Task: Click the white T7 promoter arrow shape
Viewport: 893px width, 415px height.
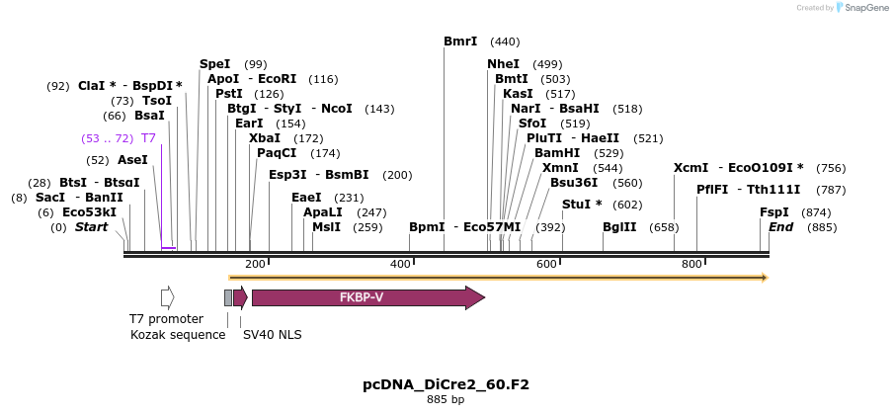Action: coord(167,296)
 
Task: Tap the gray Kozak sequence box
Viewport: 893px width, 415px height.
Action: coord(228,297)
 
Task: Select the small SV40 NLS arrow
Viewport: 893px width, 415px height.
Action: coord(240,297)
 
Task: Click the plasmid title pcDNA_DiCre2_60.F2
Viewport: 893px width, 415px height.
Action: coord(446,384)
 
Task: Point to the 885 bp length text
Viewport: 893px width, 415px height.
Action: coord(446,400)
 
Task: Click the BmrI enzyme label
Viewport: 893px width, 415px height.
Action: coord(460,41)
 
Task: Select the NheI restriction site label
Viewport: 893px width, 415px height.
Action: coord(503,63)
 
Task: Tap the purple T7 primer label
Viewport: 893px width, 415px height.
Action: coord(148,137)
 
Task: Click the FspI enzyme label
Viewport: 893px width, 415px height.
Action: coord(773,211)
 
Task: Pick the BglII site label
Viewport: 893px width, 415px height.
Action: coord(619,226)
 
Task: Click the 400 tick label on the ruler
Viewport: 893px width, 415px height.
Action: coord(400,264)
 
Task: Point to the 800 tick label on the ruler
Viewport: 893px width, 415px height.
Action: coord(691,264)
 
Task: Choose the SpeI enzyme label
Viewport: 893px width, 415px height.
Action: coord(214,63)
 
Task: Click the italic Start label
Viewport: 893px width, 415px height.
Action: coord(91,226)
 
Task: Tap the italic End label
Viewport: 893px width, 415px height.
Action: coord(781,226)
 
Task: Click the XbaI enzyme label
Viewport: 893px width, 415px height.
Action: coord(264,137)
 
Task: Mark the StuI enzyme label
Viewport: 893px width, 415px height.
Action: coord(577,205)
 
